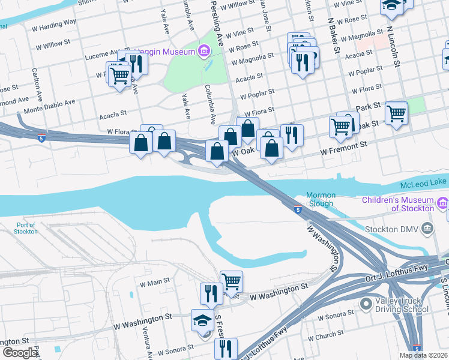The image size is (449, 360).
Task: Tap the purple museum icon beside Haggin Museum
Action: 204,52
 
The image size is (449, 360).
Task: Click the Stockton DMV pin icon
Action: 427,228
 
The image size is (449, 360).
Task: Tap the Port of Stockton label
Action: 26,229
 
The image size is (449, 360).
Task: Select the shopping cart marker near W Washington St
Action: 231,280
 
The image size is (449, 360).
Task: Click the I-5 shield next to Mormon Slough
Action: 298,209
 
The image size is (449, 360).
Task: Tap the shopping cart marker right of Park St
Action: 396,112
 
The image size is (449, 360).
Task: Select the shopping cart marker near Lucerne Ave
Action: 119,74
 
